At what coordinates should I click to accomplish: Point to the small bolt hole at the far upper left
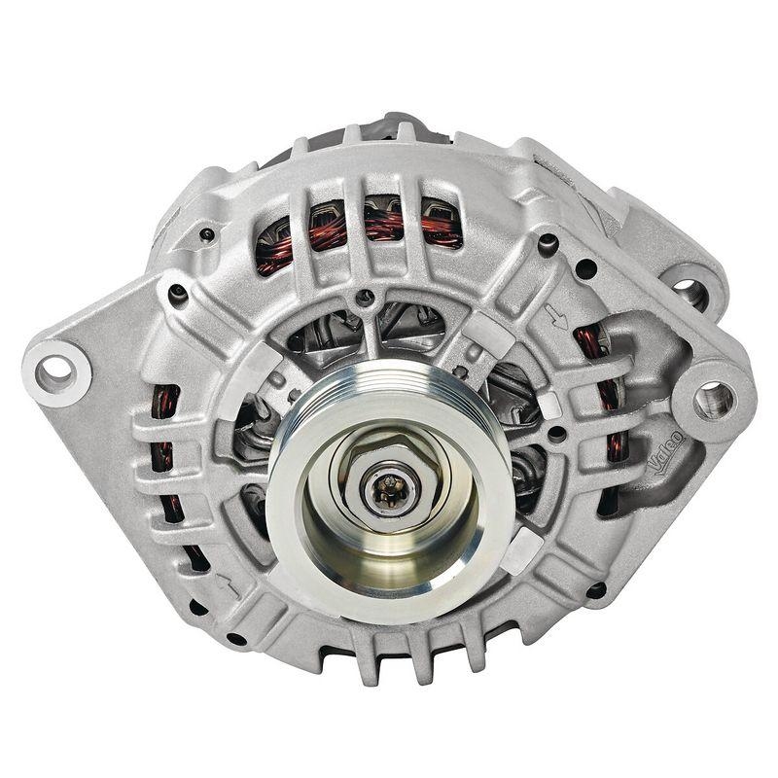point(206,234)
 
